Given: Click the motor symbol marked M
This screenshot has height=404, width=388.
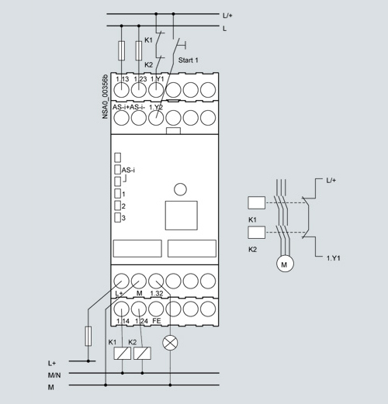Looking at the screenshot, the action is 285,264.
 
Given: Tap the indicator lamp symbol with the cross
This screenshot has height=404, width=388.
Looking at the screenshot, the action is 170,343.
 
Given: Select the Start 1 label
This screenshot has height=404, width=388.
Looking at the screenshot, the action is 188,60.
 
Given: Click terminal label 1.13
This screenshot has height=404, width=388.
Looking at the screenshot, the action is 122,79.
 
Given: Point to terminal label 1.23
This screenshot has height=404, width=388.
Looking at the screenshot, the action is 140,79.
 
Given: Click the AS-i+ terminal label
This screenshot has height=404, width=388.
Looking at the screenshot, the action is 120,107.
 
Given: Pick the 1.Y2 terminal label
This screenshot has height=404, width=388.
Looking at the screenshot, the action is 156,107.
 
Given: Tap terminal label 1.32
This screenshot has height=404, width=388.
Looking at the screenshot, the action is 157,293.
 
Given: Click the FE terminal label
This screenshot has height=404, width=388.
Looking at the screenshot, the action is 157,321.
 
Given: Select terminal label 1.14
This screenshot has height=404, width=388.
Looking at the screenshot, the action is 123,321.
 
